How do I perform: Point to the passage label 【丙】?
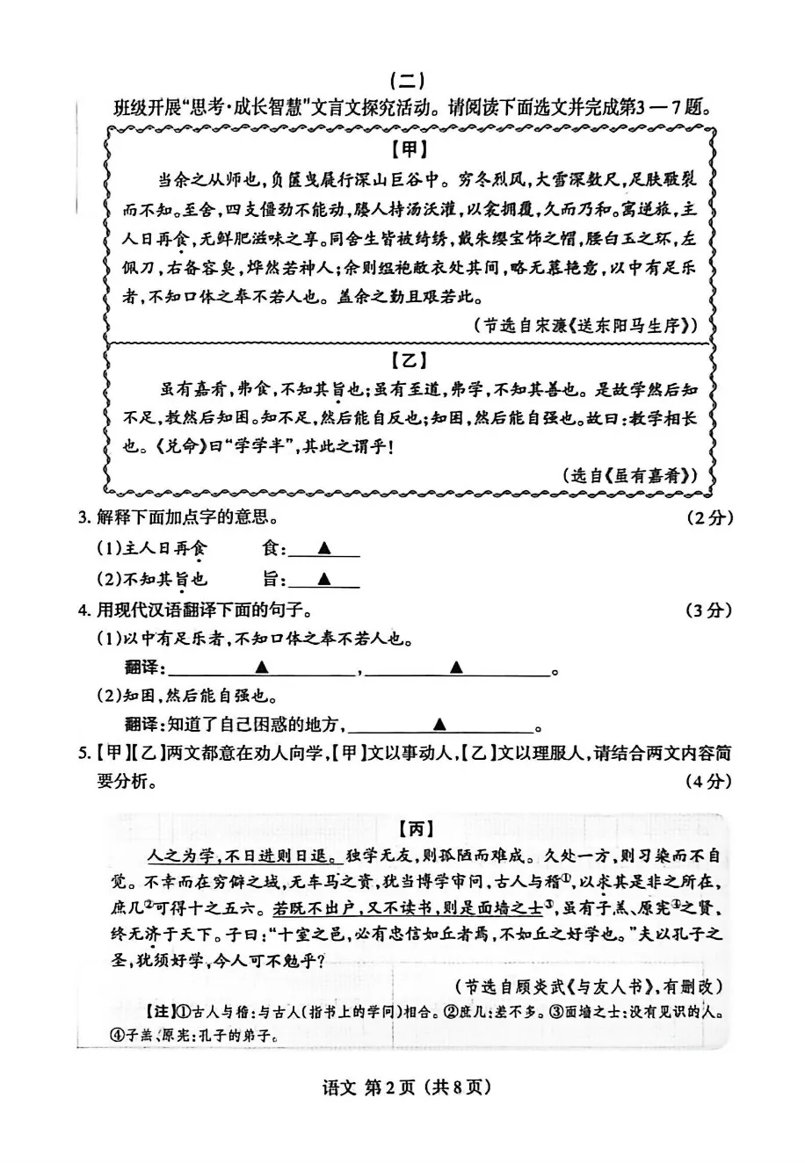[x=415, y=828]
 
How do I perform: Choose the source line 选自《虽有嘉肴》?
[x=629, y=475]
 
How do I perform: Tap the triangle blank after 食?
[x=323, y=549]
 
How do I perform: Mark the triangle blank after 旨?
[x=323, y=580]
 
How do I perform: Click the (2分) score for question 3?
[x=708, y=518]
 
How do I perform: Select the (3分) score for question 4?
[x=708, y=610]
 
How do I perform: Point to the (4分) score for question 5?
[x=708, y=780]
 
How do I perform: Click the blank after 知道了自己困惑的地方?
[x=439, y=725]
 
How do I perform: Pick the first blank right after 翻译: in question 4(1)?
[x=260, y=668]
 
